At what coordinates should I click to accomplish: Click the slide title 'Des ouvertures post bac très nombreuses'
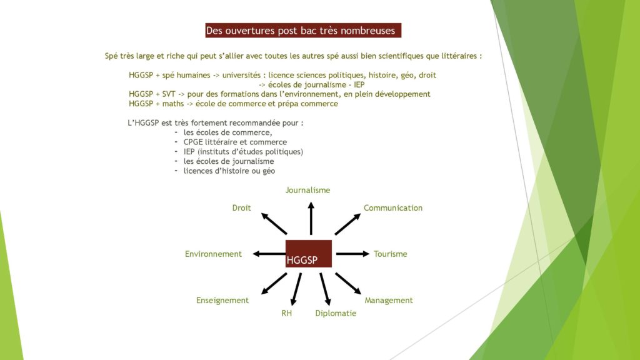(x=301, y=31)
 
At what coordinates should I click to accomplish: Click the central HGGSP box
(x=309, y=254)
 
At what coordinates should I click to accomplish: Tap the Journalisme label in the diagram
(x=307, y=190)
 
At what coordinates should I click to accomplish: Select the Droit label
(x=242, y=207)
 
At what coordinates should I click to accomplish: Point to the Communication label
(x=393, y=207)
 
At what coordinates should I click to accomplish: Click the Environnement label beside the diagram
(x=214, y=254)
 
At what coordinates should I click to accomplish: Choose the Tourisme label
(x=391, y=254)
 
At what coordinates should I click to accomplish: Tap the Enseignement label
(x=222, y=301)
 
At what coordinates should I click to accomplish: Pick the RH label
(x=286, y=314)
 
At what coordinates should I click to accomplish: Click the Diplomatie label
(x=336, y=314)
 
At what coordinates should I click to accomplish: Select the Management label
(x=389, y=301)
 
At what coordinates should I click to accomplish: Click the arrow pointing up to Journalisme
(x=311, y=218)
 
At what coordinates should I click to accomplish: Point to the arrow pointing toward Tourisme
(x=352, y=254)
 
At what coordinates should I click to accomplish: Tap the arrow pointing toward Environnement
(x=269, y=254)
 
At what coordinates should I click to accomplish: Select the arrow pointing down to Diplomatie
(x=325, y=289)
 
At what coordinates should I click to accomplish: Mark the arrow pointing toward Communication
(x=347, y=224)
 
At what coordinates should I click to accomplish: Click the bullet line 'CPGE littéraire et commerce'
(x=235, y=142)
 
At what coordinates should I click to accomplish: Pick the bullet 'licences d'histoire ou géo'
(x=229, y=171)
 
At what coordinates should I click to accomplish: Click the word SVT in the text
(x=169, y=94)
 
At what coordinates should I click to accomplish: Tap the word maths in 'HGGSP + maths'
(x=173, y=104)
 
